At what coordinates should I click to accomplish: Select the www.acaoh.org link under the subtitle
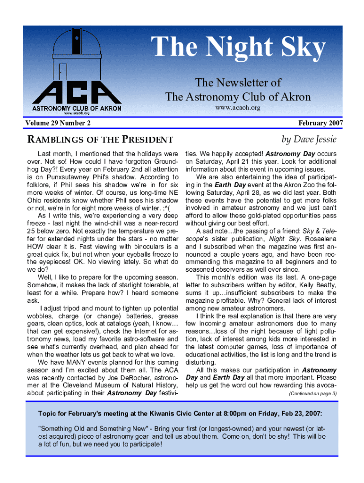pos(238,108)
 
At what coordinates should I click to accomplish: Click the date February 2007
pos(320,124)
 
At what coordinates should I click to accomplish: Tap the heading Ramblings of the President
pos(100,140)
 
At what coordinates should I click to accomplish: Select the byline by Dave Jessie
pos(309,139)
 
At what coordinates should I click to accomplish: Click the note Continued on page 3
pos(312,393)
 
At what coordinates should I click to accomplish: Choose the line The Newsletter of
pos(238,83)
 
